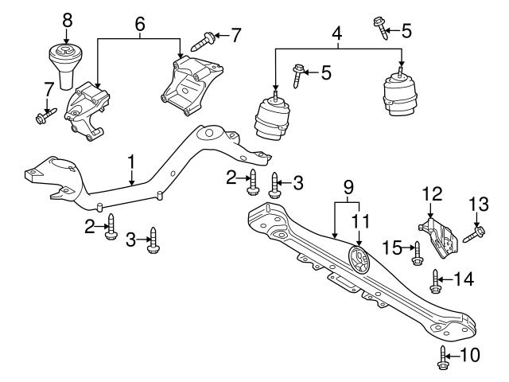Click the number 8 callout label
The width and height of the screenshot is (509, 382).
click(67, 18)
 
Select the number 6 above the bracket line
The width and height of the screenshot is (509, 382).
click(139, 25)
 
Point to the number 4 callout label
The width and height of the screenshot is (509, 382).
click(336, 36)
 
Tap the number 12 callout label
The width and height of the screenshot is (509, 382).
click(430, 193)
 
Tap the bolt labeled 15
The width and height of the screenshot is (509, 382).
click(416, 252)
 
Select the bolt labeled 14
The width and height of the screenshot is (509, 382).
click(436, 279)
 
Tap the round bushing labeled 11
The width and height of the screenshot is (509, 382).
click(359, 260)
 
